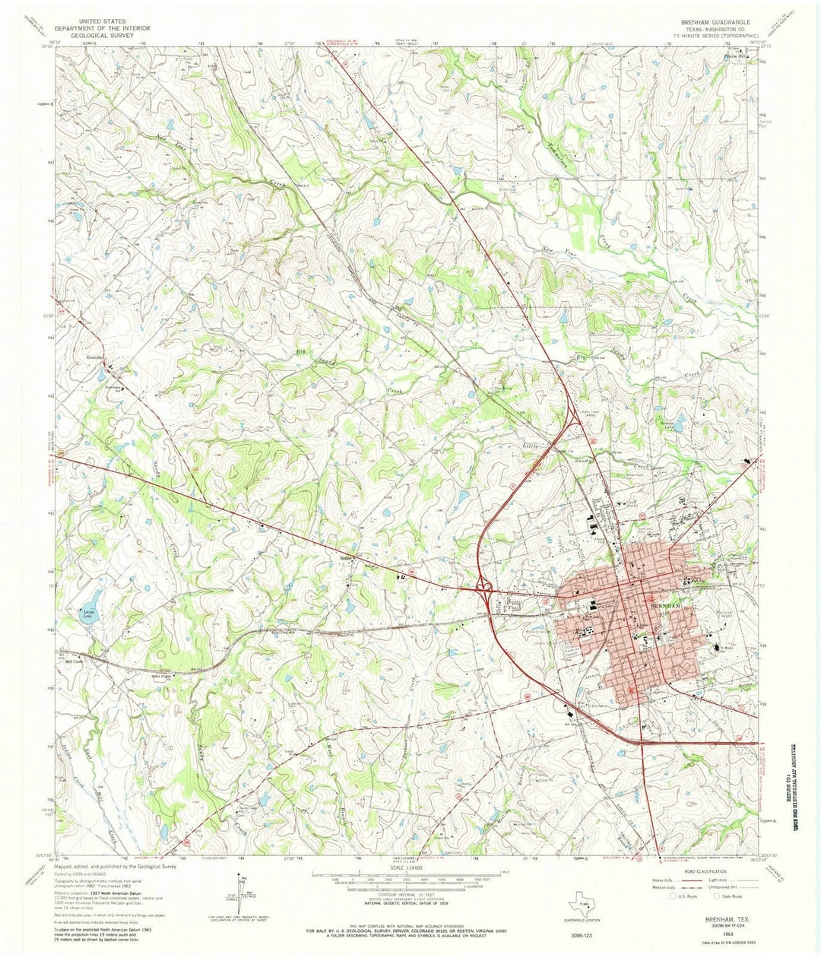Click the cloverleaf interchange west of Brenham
point(483,585)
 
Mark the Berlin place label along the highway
point(347,557)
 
